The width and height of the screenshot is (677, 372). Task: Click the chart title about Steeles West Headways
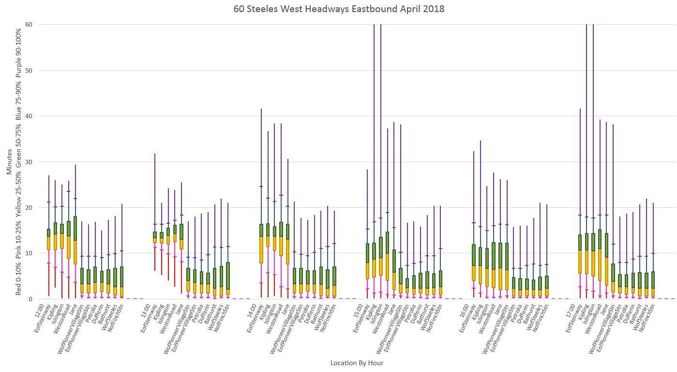click(338, 9)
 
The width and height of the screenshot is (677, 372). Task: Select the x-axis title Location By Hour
click(357, 362)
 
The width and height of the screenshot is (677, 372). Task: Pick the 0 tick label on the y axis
click(24, 299)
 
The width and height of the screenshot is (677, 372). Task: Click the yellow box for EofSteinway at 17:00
click(580, 262)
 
